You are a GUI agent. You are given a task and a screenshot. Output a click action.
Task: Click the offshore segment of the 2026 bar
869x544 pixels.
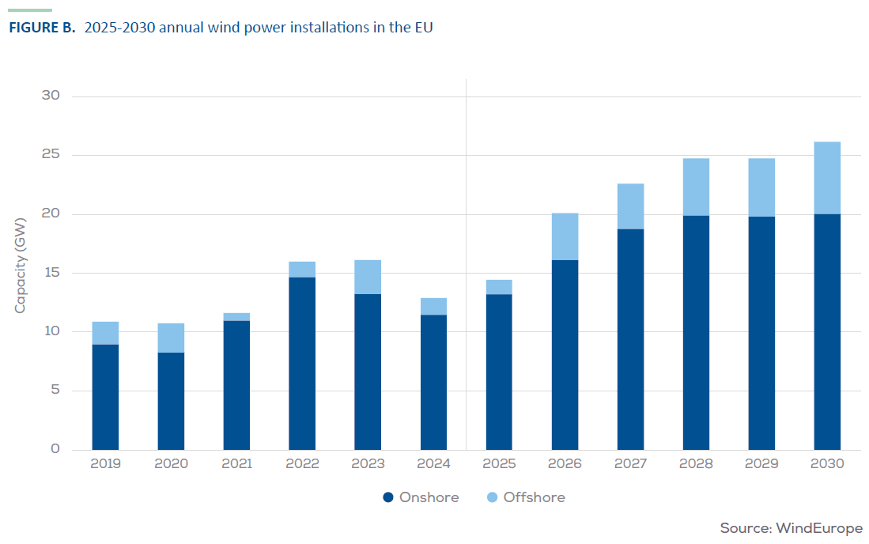click(565, 236)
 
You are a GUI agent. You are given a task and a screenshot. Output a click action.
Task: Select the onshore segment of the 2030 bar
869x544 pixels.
click(827, 331)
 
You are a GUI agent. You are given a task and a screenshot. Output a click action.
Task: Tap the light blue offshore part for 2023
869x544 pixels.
click(368, 277)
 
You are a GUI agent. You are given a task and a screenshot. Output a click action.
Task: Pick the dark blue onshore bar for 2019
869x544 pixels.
click(105, 397)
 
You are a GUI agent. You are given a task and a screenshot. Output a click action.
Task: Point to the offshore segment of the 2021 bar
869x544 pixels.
click(236, 317)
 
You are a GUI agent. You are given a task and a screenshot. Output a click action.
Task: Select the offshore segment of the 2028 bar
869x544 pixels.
click(696, 187)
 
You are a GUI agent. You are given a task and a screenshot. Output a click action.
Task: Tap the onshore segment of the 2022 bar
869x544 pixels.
click(302, 363)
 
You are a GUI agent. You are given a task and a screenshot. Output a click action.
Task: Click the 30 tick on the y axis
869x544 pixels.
click(51, 96)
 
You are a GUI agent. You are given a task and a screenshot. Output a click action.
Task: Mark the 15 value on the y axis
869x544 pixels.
click(51, 273)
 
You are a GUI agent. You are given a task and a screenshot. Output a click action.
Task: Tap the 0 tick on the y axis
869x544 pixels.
click(55, 449)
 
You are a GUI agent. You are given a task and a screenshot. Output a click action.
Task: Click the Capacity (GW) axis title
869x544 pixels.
click(21, 264)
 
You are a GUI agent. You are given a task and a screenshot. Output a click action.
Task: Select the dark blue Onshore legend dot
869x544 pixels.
click(387, 497)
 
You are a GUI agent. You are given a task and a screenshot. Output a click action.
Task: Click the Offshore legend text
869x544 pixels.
click(535, 497)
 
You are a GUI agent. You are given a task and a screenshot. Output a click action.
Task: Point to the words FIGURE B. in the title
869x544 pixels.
click(42, 28)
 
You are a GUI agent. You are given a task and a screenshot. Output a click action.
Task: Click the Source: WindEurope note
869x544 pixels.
click(791, 527)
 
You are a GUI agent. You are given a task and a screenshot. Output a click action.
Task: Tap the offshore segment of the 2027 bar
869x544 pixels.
click(630, 206)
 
